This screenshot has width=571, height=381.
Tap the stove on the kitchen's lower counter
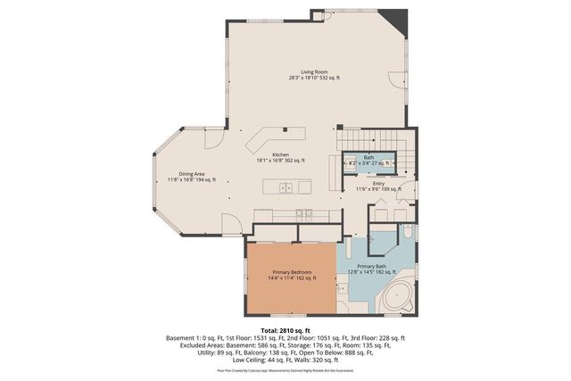pyautogui.click(x=303, y=214)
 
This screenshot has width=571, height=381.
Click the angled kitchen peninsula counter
pyautogui.click(x=268, y=138)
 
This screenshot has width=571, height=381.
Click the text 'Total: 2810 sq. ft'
pyautogui.click(x=285, y=330)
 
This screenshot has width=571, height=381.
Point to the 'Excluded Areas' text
pyautogui.click(x=191, y=346)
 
